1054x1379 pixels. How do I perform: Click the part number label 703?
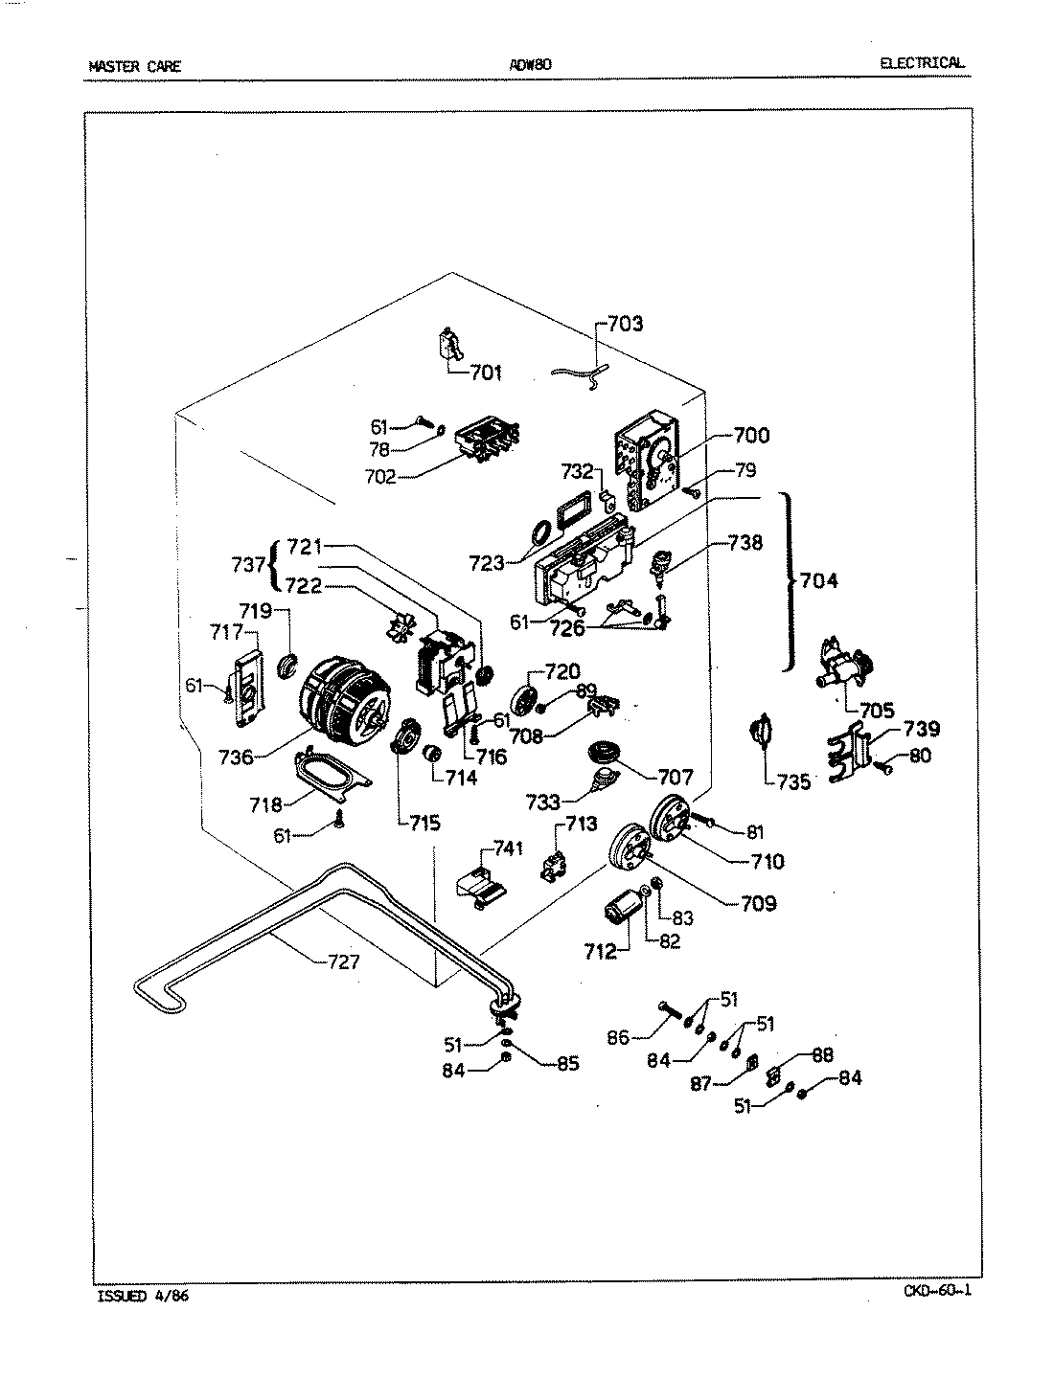click(626, 324)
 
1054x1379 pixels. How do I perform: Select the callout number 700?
click(750, 436)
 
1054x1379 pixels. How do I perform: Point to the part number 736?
click(236, 757)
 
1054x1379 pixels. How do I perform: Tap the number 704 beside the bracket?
click(819, 579)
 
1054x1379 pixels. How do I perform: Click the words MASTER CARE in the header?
click(134, 67)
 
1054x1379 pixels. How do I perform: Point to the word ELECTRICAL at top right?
click(922, 64)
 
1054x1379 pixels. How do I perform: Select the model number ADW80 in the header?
click(530, 65)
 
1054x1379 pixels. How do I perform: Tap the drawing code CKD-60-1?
click(937, 1290)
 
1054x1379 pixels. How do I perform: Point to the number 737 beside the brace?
click(247, 565)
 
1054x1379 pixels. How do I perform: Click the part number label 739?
click(920, 730)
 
